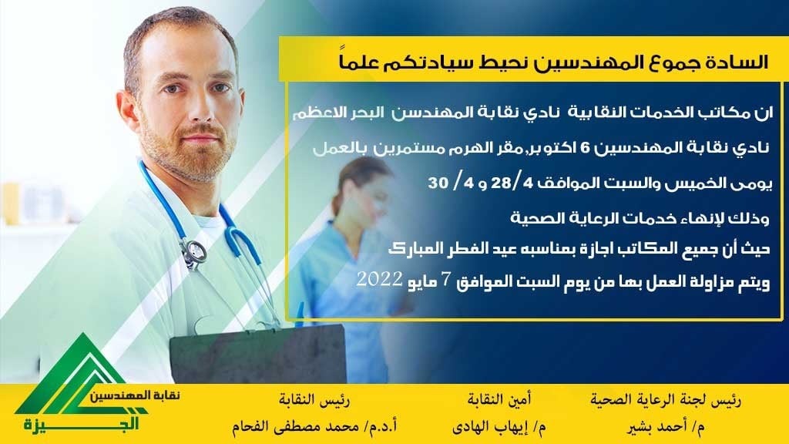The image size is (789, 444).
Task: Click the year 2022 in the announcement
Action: pyautogui.click(x=379, y=280)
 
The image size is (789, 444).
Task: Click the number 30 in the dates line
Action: pyautogui.click(x=438, y=182)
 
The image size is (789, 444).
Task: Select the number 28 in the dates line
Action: pyautogui.click(x=501, y=182)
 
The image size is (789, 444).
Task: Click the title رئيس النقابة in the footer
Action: pyautogui.click(x=314, y=400)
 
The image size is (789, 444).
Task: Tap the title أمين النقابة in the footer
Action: pyautogui.click(x=499, y=400)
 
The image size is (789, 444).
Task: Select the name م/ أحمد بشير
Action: pyautogui.click(x=665, y=427)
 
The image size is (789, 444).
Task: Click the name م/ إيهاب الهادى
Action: pyautogui.click(x=499, y=427)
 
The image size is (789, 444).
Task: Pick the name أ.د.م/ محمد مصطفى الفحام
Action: pyautogui.click(x=314, y=427)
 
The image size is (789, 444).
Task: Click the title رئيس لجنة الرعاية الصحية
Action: pyautogui.click(x=665, y=400)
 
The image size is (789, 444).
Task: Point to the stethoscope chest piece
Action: pyautogui.click(x=193, y=253)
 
